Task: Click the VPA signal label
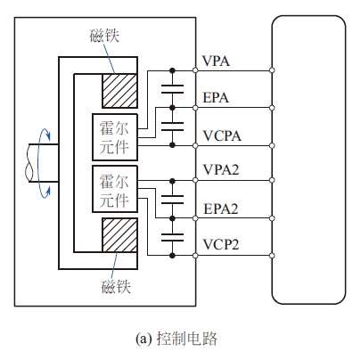pos(216,61)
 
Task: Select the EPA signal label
pos(216,97)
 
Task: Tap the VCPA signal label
pos(222,136)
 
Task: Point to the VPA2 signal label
pos(221,170)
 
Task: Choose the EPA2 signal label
pos(221,209)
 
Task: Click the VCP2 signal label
pos(221,245)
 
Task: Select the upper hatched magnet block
pos(119,91)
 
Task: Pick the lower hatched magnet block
pos(119,235)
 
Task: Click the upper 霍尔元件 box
pos(115,137)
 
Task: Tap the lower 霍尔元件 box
pos(115,189)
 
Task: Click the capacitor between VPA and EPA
pos(172,89)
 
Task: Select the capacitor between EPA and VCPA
pos(172,127)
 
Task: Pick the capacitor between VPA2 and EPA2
pos(172,200)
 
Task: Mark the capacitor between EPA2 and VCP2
pos(172,237)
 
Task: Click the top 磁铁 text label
pos(104,36)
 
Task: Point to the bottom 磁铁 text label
pos(116,287)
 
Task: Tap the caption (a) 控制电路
pos(176,339)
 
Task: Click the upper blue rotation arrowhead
pos(47,135)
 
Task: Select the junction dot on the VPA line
pos(172,70)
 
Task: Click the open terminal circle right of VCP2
pos(272,256)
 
